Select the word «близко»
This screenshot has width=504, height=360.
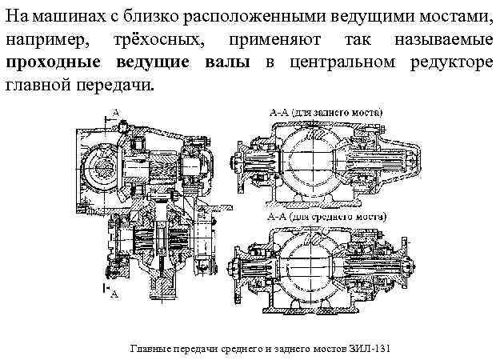[x=141, y=17]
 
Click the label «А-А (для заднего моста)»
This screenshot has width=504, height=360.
[x=325, y=112]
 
